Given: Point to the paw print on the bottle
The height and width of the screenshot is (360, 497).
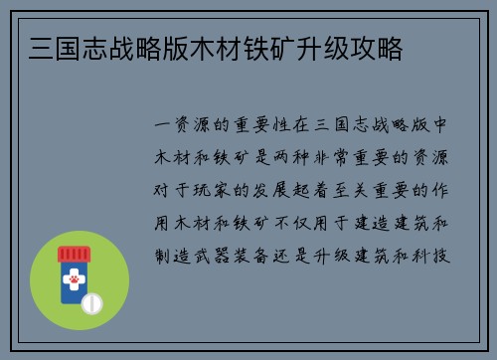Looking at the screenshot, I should click(x=74, y=281).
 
